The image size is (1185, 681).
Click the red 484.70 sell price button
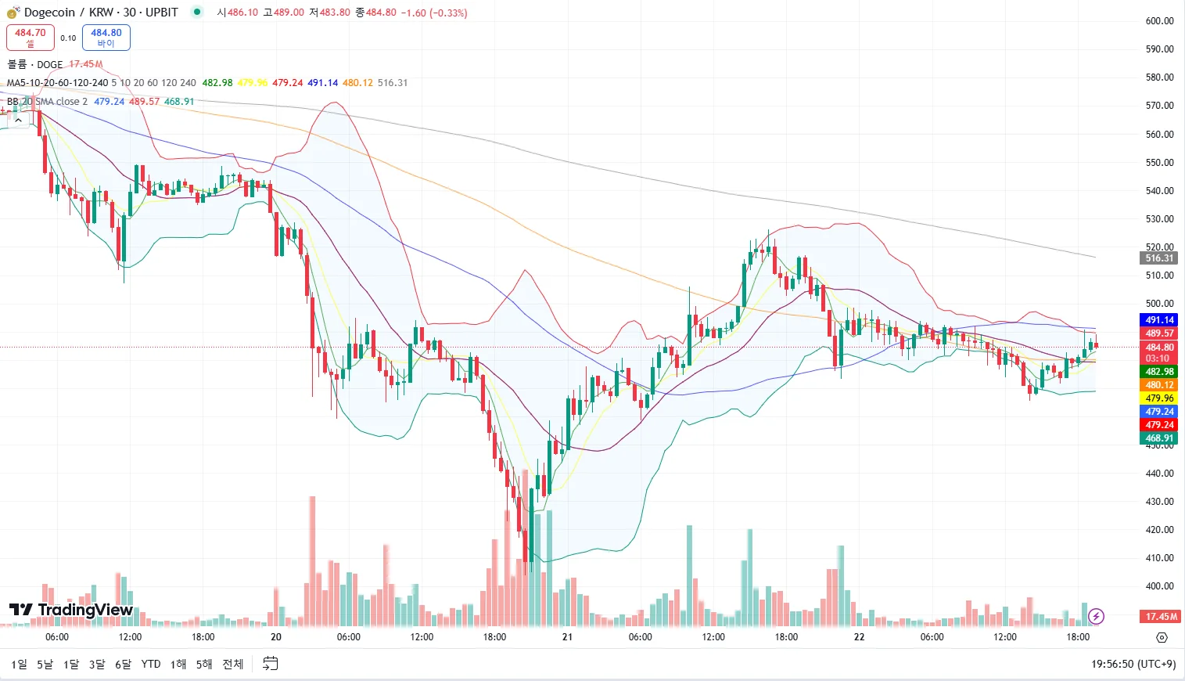click(31, 37)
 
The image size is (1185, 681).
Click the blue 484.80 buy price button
click(106, 37)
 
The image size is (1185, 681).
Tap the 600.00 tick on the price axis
click(1159, 21)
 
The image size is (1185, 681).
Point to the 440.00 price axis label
click(1159, 474)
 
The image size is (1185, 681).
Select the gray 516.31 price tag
click(1159, 258)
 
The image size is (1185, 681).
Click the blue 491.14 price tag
click(1159, 320)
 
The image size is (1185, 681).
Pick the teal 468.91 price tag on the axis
click(1159, 438)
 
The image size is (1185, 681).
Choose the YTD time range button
click(151, 664)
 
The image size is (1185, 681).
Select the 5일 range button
click(45, 664)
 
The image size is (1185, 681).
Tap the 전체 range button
click(233, 664)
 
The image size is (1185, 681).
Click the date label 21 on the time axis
click(567, 637)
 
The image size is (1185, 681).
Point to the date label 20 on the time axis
click(275, 637)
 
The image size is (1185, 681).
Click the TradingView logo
click(71, 610)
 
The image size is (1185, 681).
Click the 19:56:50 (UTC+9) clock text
click(1133, 664)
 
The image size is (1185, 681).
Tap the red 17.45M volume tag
click(1161, 617)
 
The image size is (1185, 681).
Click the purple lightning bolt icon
click(1096, 617)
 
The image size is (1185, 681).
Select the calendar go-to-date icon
click(271, 664)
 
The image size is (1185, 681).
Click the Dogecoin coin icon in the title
click(13, 13)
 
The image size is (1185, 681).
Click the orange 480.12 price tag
click(1159, 385)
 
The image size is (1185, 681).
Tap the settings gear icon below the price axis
click(1162, 638)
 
